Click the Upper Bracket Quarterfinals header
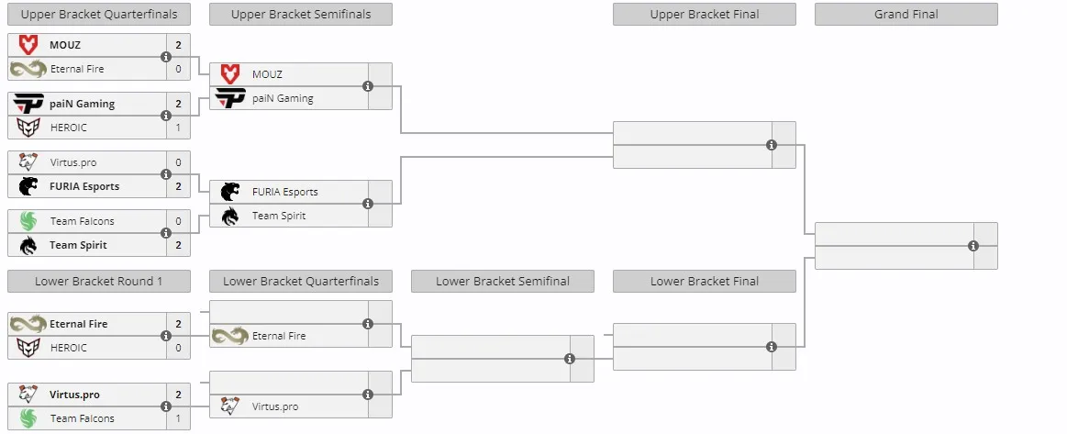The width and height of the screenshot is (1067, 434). pyautogui.click(x=99, y=15)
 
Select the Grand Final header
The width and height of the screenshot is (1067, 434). pyautogui.click(x=906, y=15)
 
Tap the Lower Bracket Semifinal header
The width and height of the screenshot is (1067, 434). pyautogui.click(x=502, y=281)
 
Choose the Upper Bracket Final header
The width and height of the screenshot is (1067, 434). pyautogui.click(x=705, y=15)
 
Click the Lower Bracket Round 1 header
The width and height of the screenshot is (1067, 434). pyautogui.click(x=99, y=281)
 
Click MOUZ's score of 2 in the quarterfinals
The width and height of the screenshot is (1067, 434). pyautogui.click(x=178, y=46)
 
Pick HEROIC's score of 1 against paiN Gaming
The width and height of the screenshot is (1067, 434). pyautogui.click(x=178, y=128)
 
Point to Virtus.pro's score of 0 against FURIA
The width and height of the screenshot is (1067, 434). pyautogui.click(x=178, y=162)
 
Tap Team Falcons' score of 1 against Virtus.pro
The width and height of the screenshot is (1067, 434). pyautogui.click(x=178, y=418)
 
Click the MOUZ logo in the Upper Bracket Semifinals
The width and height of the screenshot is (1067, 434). pyautogui.click(x=230, y=74)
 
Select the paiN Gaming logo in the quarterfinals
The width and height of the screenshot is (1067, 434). pyautogui.click(x=28, y=104)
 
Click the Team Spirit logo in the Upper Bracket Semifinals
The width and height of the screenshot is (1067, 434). pyautogui.click(x=230, y=216)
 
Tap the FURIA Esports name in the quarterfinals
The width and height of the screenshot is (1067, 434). pyautogui.click(x=84, y=186)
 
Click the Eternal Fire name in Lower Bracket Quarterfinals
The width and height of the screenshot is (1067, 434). pyautogui.click(x=279, y=336)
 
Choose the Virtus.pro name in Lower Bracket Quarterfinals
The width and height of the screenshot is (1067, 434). pyautogui.click(x=275, y=406)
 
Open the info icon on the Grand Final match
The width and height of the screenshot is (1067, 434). pyautogui.click(x=973, y=246)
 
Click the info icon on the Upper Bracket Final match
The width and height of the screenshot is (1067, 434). pyautogui.click(x=771, y=145)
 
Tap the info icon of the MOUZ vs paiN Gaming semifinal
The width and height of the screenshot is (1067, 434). pyautogui.click(x=368, y=86)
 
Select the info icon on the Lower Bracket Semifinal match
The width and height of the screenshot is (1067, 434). pyautogui.click(x=570, y=359)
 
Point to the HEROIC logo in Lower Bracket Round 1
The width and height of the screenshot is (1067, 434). pyautogui.click(x=28, y=348)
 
